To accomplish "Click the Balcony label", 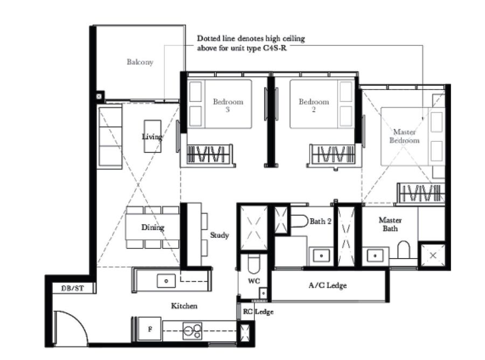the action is [140, 62].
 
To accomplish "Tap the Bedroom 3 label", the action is [228, 105].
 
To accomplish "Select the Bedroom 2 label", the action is [314, 105].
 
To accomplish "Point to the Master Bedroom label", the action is [404, 136].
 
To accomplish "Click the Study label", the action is [219, 235].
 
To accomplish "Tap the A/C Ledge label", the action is [328, 285].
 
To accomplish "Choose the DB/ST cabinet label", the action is [72, 288].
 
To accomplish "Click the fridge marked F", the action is [149, 329].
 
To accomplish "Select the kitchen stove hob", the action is [192, 331].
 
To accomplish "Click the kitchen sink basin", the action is [166, 281].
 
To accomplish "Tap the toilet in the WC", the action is [254, 264].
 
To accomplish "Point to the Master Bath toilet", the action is [403, 250].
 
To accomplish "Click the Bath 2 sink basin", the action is [321, 256].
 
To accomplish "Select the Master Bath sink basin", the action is [375, 256].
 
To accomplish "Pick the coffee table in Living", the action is [153, 136].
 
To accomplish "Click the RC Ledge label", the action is [258, 311].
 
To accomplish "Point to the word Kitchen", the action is [184, 306].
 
